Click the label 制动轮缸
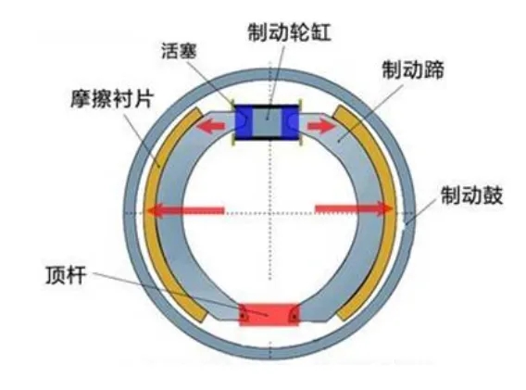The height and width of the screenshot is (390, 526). (289, 32)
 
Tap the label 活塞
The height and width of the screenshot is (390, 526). (179, 51)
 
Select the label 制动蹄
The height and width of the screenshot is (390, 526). (413, 69)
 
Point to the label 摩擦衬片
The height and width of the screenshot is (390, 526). (112, 98)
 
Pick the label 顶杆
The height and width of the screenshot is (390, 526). (66, 275)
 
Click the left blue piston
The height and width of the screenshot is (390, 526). (244, 121)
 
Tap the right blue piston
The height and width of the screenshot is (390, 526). (291, 121)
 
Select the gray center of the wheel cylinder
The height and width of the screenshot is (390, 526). (268, 121)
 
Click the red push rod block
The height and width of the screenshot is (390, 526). (269, 315)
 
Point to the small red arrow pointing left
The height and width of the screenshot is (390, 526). (210, 126)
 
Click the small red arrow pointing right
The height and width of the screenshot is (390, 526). (321, 126)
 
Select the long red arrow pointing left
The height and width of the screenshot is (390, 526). (185, 210)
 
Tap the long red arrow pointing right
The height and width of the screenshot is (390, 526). (355, 208)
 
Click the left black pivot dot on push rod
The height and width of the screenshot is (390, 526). (244, 316)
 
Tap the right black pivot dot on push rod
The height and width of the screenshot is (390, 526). (294, 316)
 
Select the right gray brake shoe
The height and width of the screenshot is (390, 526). (368, 215)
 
